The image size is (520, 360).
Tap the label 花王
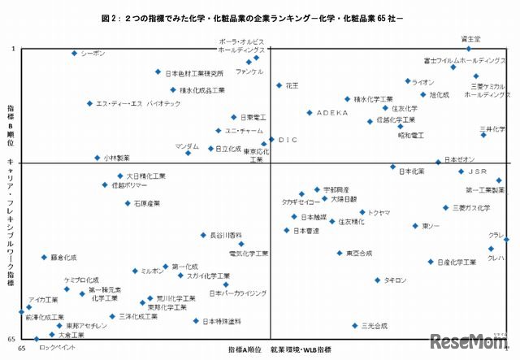pyautogui.click(x=292, y=85)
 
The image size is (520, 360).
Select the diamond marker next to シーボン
pyautogui.click(x=75, y=54)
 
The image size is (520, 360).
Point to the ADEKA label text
pyautogui.click(x=331, y=113)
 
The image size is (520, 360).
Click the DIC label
pyautogui.click(x=288, y=140)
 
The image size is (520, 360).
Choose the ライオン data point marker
pyautogui.click(x=408, y=81)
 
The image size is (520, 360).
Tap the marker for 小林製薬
pyautogui.click(x=97, y=158)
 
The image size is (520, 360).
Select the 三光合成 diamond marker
pyautogui.click(x=355, y=325)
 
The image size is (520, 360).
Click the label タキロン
pyautogui.click(x=395, y=280)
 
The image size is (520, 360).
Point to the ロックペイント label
pyautogui.click(x=58, y=347)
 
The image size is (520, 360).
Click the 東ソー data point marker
pyautogui.click(x=415, y=226)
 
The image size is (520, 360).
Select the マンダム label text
pyautogui.click(x=187, y=145)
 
